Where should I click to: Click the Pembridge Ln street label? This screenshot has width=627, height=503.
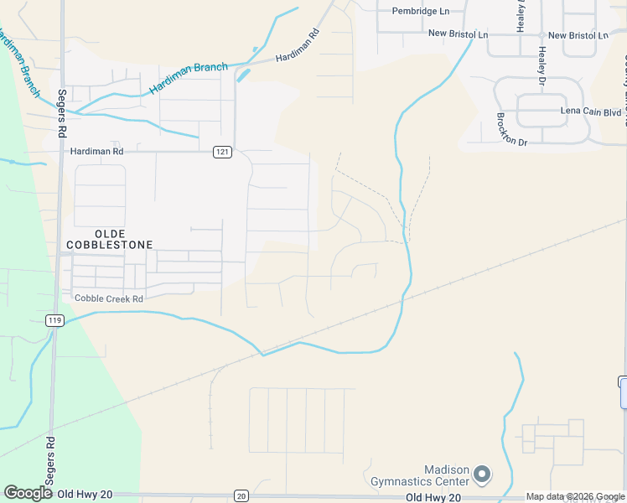422,11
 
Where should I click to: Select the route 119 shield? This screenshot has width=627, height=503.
54,320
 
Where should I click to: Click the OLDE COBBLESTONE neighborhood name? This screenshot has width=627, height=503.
112,239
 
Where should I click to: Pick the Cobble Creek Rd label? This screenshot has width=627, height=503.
109,298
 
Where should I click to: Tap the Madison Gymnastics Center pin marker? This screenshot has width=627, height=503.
481,475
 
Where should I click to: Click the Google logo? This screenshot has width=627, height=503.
28,493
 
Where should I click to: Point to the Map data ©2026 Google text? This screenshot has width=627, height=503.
576,497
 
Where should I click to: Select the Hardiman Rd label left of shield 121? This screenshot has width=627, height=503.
96,151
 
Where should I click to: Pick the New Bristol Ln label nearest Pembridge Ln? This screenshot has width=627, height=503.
458,34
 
